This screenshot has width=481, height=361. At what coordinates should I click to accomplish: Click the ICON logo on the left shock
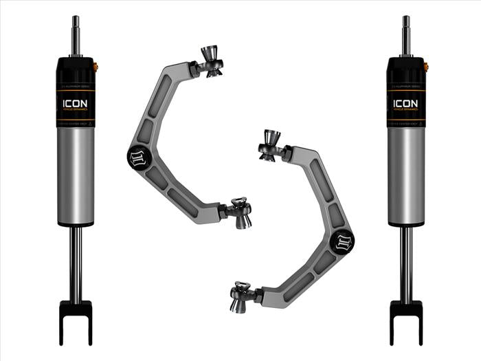coord(75,103)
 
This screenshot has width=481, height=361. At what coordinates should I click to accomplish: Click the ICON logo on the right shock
coord(405,103)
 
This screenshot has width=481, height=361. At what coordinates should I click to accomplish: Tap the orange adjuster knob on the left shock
coord(95,67)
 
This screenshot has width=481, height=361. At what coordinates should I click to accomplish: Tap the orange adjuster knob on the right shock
coord(426,67)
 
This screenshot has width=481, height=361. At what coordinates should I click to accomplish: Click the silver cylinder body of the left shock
coord(75,175)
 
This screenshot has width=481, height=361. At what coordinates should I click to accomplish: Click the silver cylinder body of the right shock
coord(406,175)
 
